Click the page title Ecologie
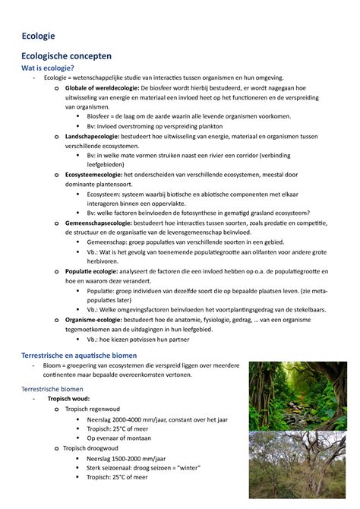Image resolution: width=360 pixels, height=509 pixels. [x=37, y=34]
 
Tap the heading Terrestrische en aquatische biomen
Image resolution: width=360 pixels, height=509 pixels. [x=79, y=356]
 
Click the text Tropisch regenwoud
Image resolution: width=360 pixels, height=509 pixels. [x=96, y=409]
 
